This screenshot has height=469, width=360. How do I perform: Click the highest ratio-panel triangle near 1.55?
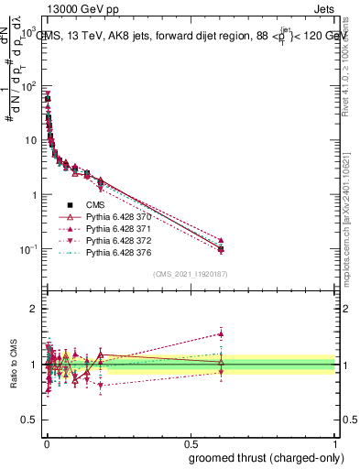[x=221, y=333]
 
